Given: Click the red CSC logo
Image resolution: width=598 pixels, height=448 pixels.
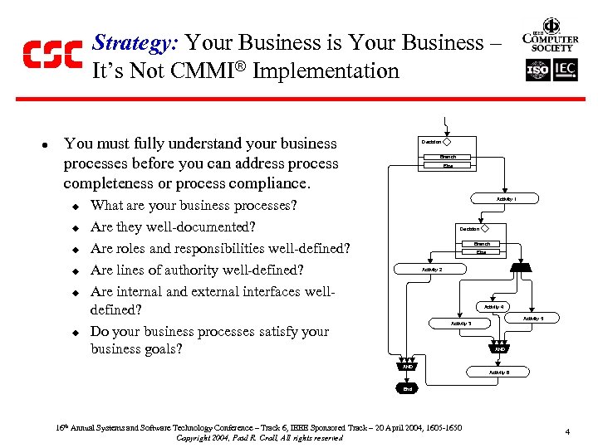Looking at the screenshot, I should [51, 54].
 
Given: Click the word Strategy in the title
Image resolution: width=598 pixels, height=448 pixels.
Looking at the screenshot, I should [136, 43].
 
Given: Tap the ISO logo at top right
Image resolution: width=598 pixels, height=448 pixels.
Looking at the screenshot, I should [539, 71].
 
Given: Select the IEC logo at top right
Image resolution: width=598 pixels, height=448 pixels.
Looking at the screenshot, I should [564, 71].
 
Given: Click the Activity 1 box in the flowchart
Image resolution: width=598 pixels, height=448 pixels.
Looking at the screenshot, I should [506, 199].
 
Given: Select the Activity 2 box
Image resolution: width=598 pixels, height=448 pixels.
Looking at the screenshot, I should [432, 270].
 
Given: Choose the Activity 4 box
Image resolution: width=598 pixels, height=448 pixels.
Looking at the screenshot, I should [493, 307].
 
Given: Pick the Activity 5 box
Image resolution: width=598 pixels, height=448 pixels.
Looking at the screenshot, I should [532, 318].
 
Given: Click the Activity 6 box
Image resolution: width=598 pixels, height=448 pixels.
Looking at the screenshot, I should [499, 373].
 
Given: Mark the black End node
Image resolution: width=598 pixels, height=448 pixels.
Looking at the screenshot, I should [407, 388].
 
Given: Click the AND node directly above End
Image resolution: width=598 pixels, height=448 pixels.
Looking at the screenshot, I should [407, 366].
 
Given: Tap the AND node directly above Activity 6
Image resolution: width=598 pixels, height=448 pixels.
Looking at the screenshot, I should [500, 349].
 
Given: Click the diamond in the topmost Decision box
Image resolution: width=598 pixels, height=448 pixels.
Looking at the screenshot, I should [447, 142].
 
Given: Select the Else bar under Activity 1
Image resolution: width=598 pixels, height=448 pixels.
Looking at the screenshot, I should [481, 252].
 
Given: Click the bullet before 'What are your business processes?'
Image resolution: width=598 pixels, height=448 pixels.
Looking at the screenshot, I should [74, 206].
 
